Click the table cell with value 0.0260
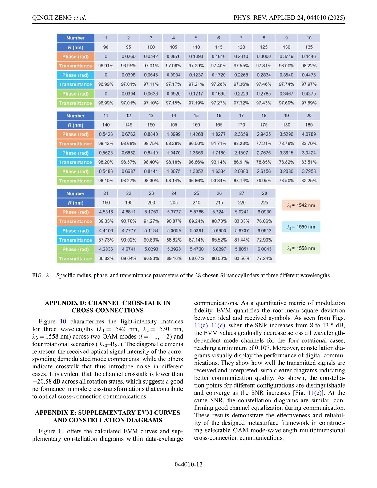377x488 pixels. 128,56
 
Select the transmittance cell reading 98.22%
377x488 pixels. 309,66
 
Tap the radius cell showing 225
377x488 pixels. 264,203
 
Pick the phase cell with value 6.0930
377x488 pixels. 264,212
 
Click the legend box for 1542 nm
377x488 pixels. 301,205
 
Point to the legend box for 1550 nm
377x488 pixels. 301,227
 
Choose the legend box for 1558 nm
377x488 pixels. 301,248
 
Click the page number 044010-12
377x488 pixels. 188,464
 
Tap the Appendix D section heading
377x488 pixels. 107,307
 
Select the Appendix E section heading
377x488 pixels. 107,416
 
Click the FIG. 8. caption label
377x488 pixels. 41,275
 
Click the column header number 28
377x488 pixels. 264,193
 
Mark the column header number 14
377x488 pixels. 173,116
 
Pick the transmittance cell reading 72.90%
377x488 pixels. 264,240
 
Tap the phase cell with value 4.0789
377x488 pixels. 309,134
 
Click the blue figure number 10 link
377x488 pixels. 63,322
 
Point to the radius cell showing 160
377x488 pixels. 196,125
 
